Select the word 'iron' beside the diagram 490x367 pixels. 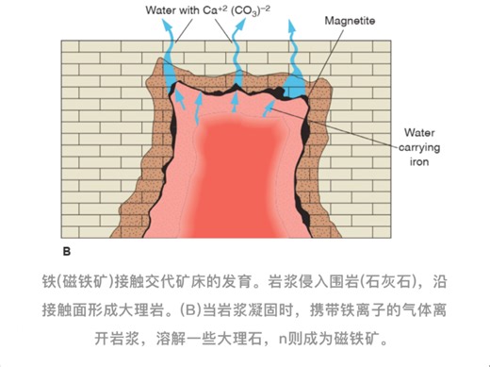tap(419, 162)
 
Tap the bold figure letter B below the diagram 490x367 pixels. tap(66, 252)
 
